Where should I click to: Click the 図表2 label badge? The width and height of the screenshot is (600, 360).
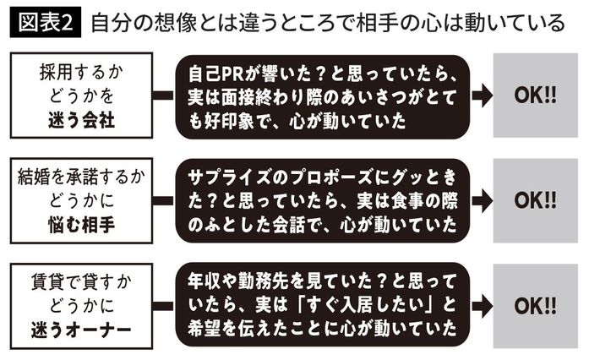(44, 23)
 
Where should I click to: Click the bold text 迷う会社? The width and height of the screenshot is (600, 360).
(82, 119)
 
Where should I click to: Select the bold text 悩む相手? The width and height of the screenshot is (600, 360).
(82, 225)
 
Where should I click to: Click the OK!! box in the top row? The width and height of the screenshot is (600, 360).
(535, 95)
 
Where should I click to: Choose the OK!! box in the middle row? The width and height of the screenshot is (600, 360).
(535, 200)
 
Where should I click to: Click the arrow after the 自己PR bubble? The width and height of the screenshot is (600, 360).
(482, 95)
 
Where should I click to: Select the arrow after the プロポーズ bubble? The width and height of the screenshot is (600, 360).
(482, 200)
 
